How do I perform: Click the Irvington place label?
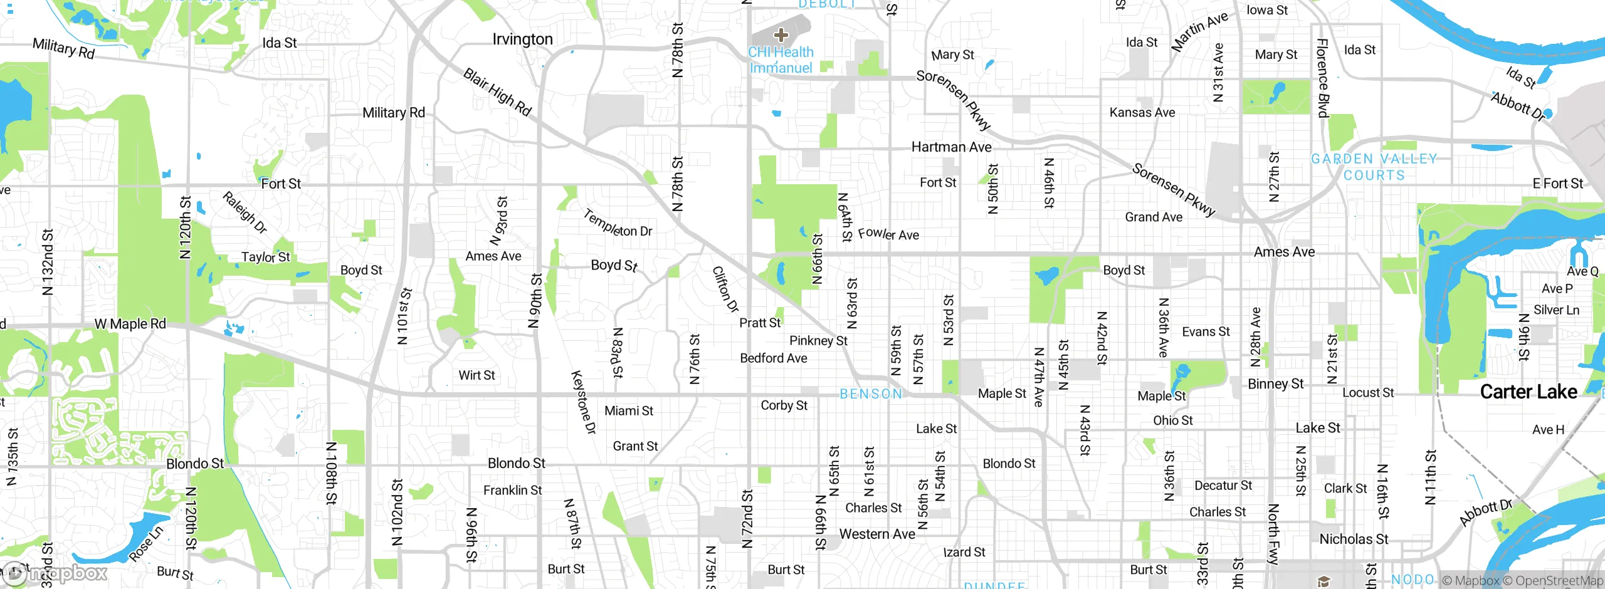[x=522, y=39]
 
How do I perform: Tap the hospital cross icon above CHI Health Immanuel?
[x=781, y=35]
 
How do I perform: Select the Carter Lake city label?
[x=1528, y=392]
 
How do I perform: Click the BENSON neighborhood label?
[x=871, y=394]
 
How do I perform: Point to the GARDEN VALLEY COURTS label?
[x=1374, y=167]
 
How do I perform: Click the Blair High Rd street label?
[x=497, y=92]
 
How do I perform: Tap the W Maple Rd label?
[x=130, y=324]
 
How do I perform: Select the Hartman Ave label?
[x=951, y=147]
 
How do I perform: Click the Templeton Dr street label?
[x=618, y=224]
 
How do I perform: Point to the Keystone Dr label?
[x=583, y=402]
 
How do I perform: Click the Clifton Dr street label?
[x=725, y=289]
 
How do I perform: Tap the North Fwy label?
[x=1273, y=534]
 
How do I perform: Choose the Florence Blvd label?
[x=1323, y=78]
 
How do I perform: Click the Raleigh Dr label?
[x=245, y=212]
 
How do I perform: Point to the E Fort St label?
[x=1557, y=184]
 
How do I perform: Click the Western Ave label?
[x=876, y=534]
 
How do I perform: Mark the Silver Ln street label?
[x=1556, y=310]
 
